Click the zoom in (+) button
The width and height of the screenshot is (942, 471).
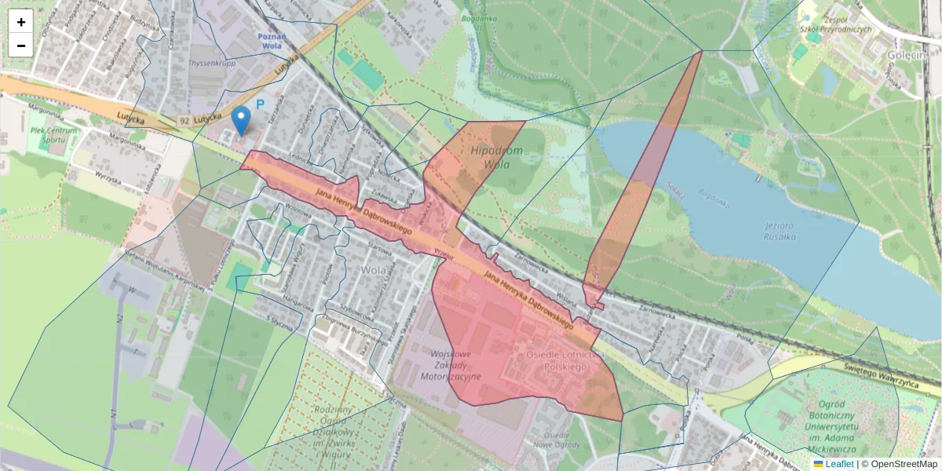tap(21, 22)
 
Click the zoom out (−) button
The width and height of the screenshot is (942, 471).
tap(21, 46)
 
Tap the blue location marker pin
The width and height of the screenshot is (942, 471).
tap(242, 120)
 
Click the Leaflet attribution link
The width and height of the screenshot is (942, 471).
tap(839, 464)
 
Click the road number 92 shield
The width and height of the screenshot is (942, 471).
tap(184, 121)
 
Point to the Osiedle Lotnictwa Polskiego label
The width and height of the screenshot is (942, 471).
tap(557, 361)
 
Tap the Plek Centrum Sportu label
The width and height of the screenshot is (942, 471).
tap(54, 135)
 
